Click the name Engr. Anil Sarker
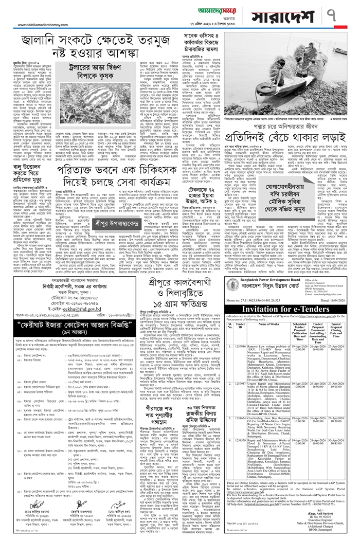coord(324,514)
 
